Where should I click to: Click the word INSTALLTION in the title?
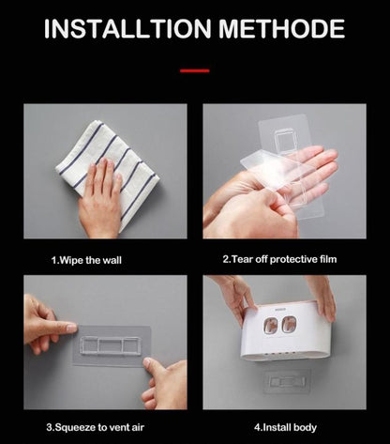pyautogui.click(x=127, y=29)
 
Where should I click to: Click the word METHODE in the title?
pyautogui.click(x=281, y=29)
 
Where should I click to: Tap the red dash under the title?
pyautogui.click(x=195, y=71)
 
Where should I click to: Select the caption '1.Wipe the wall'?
pyautogui.click(x=86, y=260)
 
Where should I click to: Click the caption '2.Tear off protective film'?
pyautogui.click(x=279, y=259)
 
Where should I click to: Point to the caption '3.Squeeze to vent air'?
pyautogui.click(x=96, y=427)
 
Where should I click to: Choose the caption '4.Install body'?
pyautogui.click(x=285, y=427)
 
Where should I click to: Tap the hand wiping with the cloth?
pyautogui.click(x=100, y=200)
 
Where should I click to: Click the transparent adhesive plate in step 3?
pyautogui.click(x=112, y=345)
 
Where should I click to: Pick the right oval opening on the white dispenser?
pyautogui.click(x=289, y=325)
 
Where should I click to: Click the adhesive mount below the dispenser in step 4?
pyautogui.click(x=287, y=381)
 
